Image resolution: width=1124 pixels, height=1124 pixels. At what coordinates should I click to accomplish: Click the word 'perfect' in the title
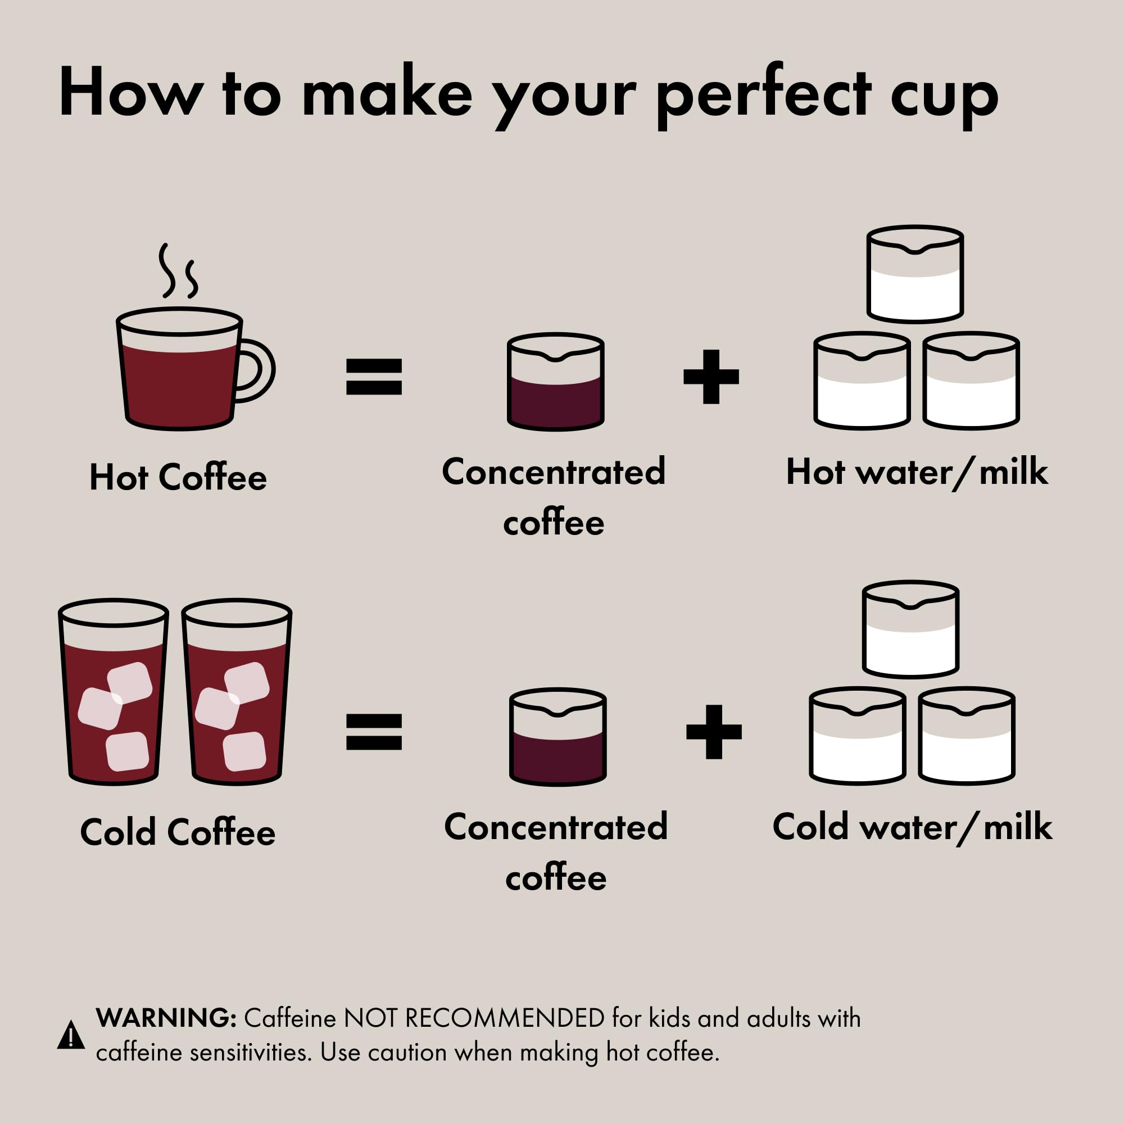(x=763, y=96)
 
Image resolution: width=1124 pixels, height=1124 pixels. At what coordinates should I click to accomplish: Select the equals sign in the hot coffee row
(x=374, y=377)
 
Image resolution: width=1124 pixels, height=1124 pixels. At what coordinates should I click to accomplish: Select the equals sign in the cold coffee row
(x=374, y=732)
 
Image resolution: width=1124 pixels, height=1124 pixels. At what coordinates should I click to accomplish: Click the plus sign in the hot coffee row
(x=711, y=377)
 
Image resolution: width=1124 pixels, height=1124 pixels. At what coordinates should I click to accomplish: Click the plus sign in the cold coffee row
(x=714, y=732)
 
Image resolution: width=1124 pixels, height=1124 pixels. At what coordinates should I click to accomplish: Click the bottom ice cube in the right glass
(x=244, y=751)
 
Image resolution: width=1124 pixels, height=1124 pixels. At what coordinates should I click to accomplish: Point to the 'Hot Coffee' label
(x=178, y=478)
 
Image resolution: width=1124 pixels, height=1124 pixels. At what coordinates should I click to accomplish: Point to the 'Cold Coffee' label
(x=178, y=833)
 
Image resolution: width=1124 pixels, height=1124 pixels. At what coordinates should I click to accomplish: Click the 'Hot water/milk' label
(x=917, y=473)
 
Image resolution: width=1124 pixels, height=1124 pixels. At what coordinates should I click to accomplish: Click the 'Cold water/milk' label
(x=912, y=827)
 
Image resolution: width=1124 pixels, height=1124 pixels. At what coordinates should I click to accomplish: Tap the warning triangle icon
(x=71, y=1036)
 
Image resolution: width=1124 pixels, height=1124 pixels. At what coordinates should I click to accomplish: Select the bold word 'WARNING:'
(x=166, y=1019)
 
